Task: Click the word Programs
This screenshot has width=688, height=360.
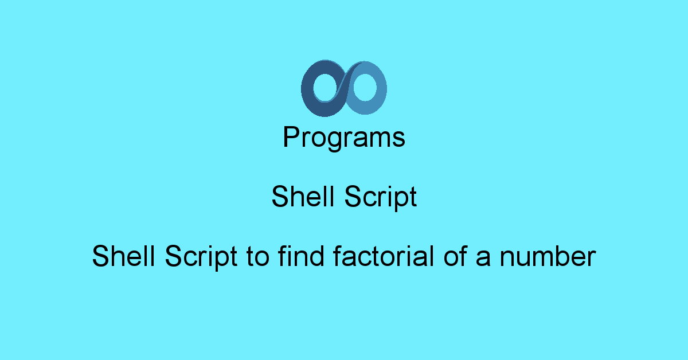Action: coord(344,138)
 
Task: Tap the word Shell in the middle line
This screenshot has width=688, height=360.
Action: coord(303,196)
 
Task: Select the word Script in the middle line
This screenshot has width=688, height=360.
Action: coord(381,198)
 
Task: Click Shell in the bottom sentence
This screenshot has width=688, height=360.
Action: coord(123,256)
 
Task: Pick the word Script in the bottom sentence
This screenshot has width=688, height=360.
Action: coord(201,258)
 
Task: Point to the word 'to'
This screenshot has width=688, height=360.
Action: coord(258,256)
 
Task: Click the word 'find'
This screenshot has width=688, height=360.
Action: coord(301,256)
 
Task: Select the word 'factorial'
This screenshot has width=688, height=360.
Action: coord(384,256)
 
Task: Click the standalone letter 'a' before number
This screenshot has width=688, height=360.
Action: coord(483,259)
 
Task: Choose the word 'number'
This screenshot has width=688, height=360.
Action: coord(548,256)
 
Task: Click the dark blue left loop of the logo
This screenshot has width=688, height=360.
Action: coord(307,89)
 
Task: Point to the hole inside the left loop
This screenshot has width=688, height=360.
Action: coord(325,88)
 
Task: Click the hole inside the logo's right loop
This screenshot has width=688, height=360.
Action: coord(365,87)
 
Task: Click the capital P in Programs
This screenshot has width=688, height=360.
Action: coord(291,136)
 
